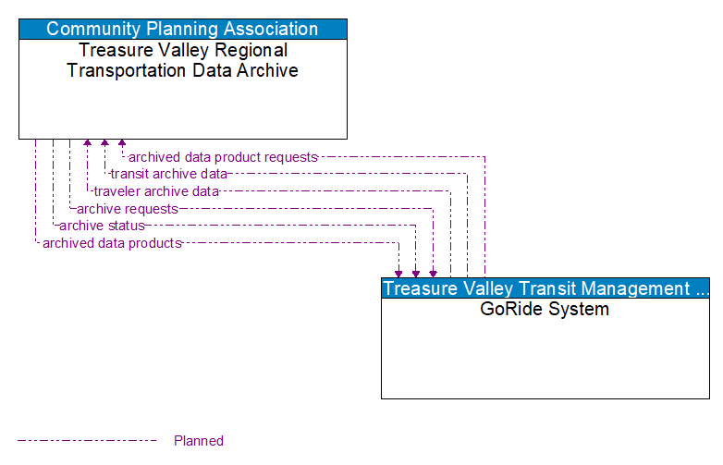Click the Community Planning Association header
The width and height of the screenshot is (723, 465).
[x=182, y=29]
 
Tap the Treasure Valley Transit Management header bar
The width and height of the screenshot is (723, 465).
[x=545, y=288]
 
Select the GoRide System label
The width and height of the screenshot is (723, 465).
[x=545, y=310]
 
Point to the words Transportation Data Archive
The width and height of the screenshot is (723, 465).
[x=182, y=70]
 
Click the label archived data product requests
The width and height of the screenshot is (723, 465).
[x=223, y=157]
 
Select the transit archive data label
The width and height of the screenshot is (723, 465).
[x=168, y=174]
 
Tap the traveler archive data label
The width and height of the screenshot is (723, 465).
[x=156, y=191]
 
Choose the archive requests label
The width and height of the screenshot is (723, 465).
[x=127, y=209]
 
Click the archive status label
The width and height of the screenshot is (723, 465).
[x=102, y=226]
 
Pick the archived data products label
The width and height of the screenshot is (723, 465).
[x=112, y=243]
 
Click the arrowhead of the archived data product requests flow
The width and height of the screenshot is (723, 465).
[x=122, y=144]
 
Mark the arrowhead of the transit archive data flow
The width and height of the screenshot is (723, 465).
[x=104, y=144]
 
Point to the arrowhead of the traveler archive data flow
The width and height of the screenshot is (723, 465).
[x=88, y=144]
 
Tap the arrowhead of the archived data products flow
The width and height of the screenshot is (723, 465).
[x=398, y=273]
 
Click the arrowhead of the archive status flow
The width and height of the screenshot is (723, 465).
[x=416, y=273]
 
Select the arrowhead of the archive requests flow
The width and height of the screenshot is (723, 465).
[x=433, y=273]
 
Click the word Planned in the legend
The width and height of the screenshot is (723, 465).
[x=199, y=441]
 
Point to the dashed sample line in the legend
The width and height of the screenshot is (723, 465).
[x=88, y=441]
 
